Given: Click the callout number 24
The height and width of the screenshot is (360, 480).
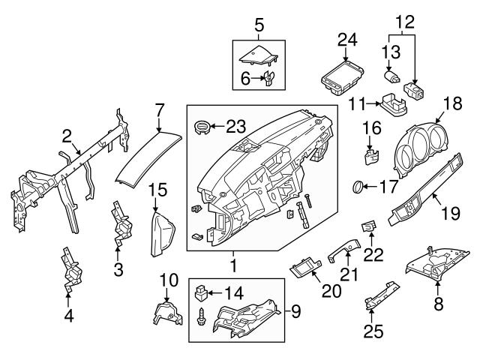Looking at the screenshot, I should click(347, 39).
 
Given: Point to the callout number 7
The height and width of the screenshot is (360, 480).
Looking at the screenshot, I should click(158, 109).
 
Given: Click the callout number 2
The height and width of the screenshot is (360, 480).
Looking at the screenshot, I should click(67, 136).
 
